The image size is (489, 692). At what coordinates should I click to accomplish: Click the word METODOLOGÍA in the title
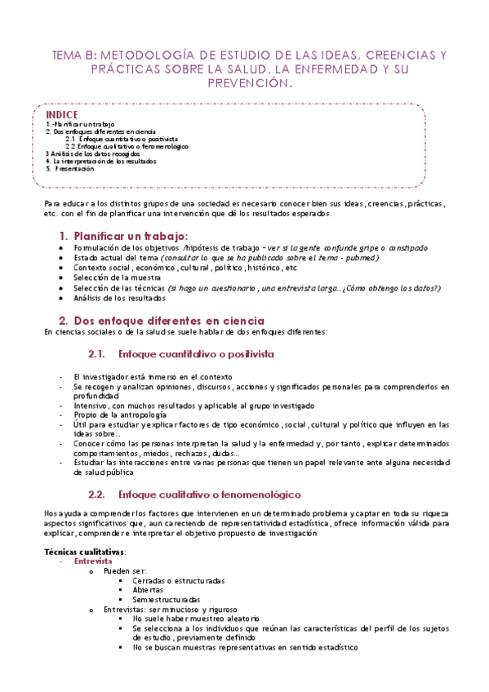point(139,55)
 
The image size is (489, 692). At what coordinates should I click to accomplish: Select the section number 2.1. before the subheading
point(97,354)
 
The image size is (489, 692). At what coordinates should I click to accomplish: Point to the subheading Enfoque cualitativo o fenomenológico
point(210,495)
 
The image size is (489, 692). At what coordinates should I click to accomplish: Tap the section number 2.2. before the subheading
point(97,495)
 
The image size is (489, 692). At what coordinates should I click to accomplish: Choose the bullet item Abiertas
point(148,589)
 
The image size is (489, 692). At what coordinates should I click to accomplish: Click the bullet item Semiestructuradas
point(166,599)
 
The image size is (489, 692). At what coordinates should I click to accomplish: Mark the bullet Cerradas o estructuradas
point(179,580)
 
